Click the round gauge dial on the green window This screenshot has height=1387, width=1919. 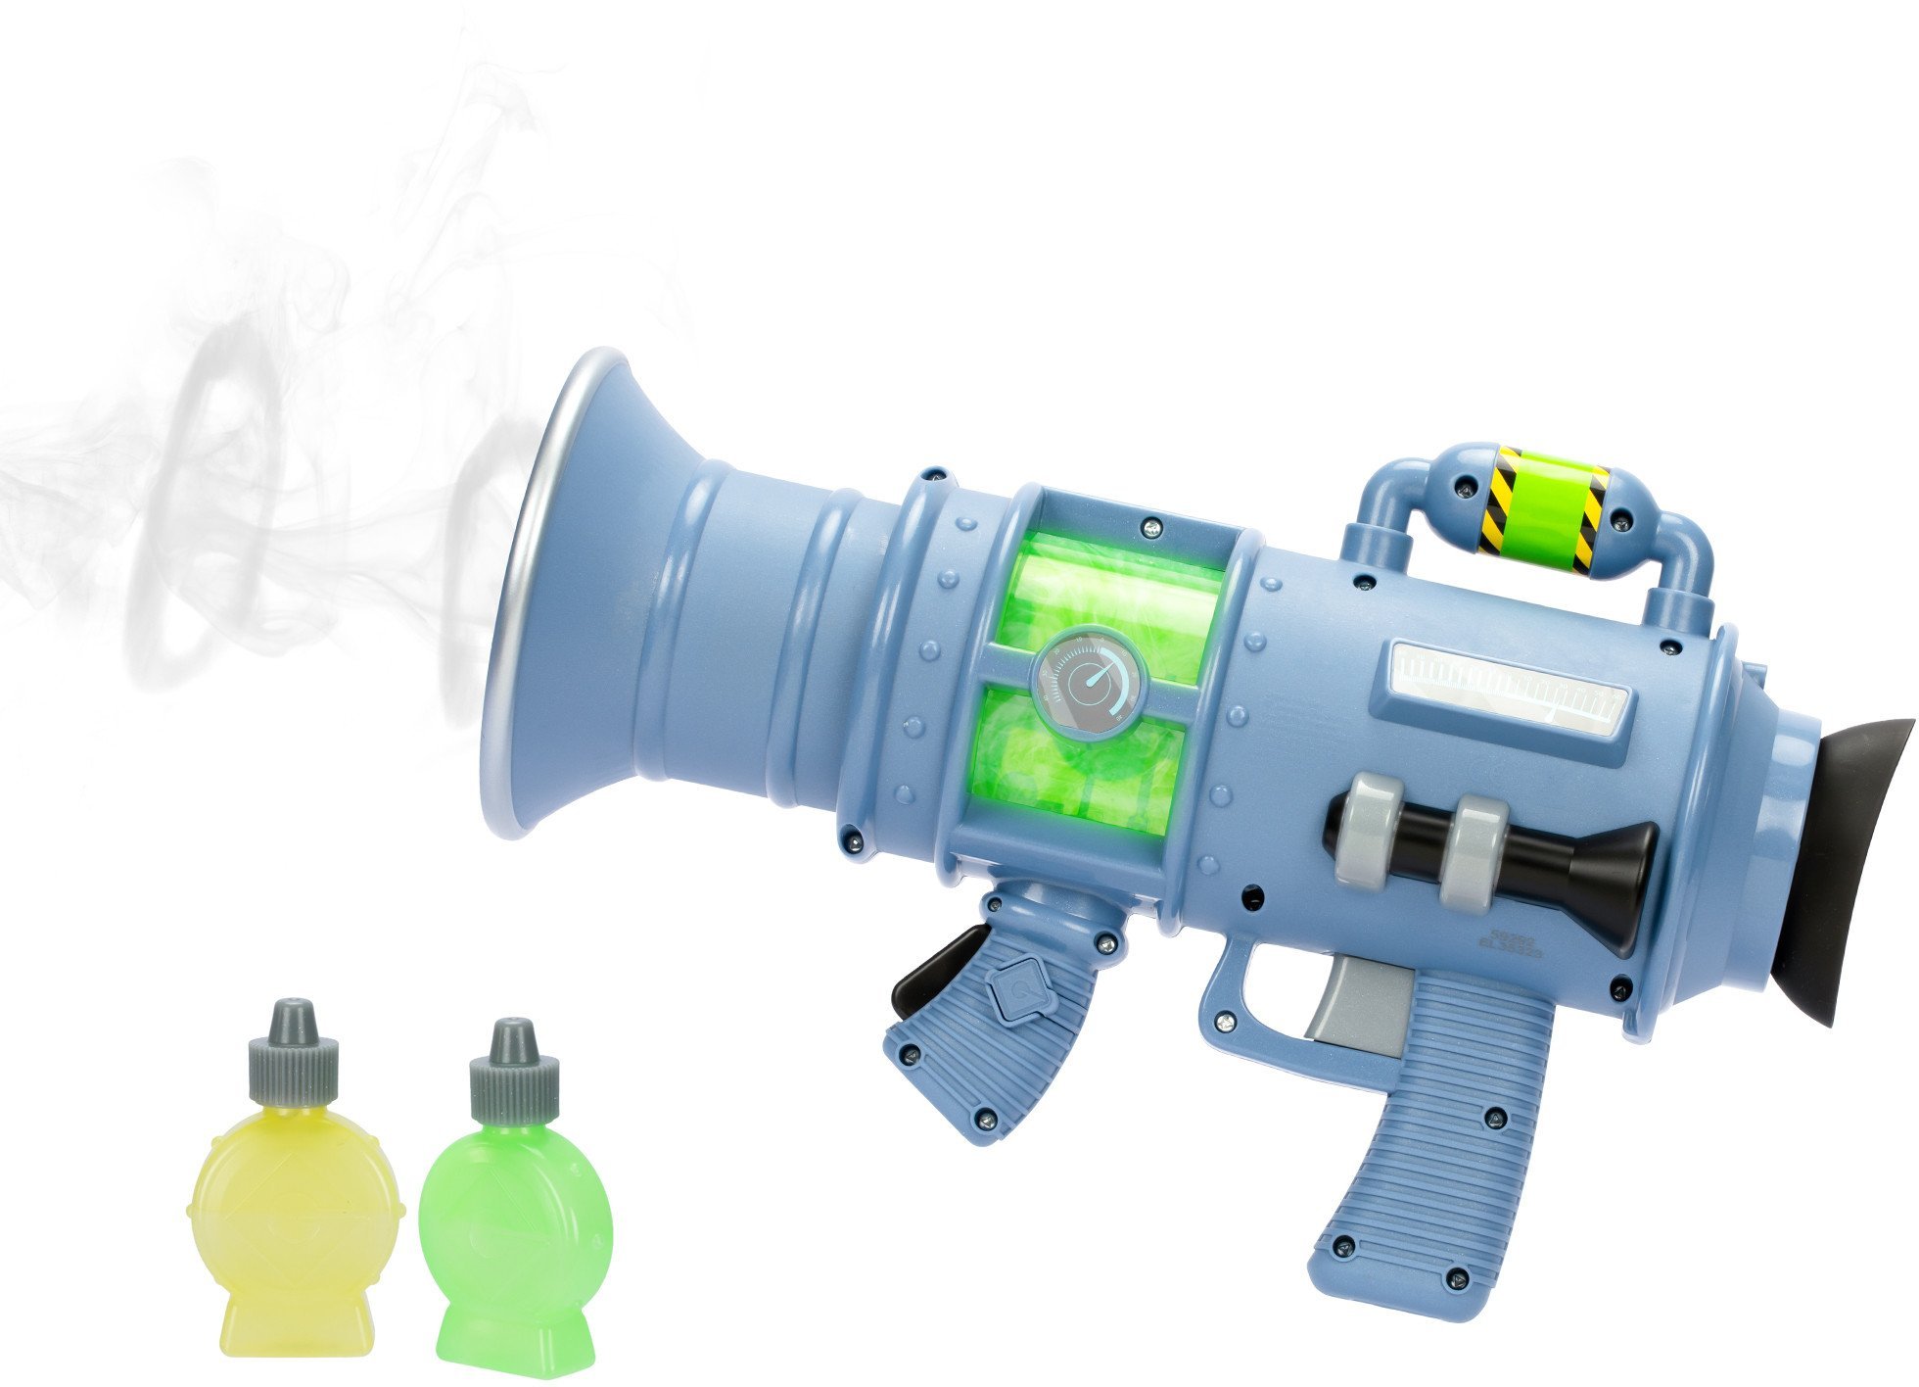pyautogui.click(x=1090, y=681)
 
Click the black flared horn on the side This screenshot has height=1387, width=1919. pyautogui.click(x=1606, y=882)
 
